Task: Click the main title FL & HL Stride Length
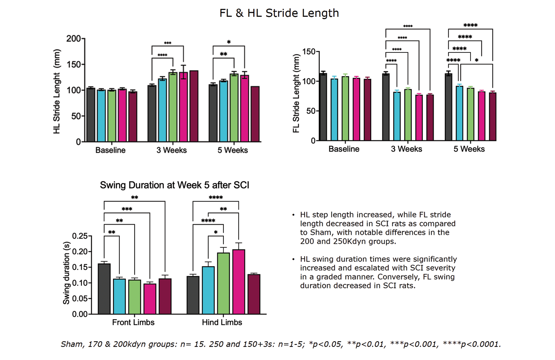(x=279, y=13)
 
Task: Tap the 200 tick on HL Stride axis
(x=73, y=39)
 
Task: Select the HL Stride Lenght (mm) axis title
(x=56, y=91)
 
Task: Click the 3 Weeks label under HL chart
(x=171, y=150)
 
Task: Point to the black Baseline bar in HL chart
(x=91, y=115)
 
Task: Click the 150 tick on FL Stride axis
(x=309, y=52)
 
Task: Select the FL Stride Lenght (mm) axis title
(x=296, y=93)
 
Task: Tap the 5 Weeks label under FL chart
(x=469, y=149)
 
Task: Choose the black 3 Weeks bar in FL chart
(x=386, y=107)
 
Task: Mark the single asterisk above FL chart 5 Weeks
(x=477, y=61)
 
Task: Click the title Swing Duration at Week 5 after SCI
(x=175, y=185)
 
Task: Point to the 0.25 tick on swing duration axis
(x=80, y=236)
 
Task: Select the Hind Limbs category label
(x=222, y=322)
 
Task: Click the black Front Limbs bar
(x=104, y=289)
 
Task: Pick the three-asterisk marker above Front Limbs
(x=127, y=209)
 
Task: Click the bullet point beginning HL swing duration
(x=378, y=272)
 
